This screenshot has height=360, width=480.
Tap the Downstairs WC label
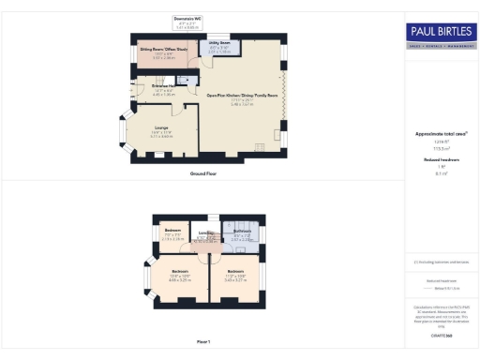(187, 20)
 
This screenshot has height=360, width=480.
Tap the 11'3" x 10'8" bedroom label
(235, 275)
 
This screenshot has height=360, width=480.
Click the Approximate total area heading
(440, 133)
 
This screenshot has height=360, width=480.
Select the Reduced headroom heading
(440, 161)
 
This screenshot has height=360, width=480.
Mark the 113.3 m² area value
(440, 148)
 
